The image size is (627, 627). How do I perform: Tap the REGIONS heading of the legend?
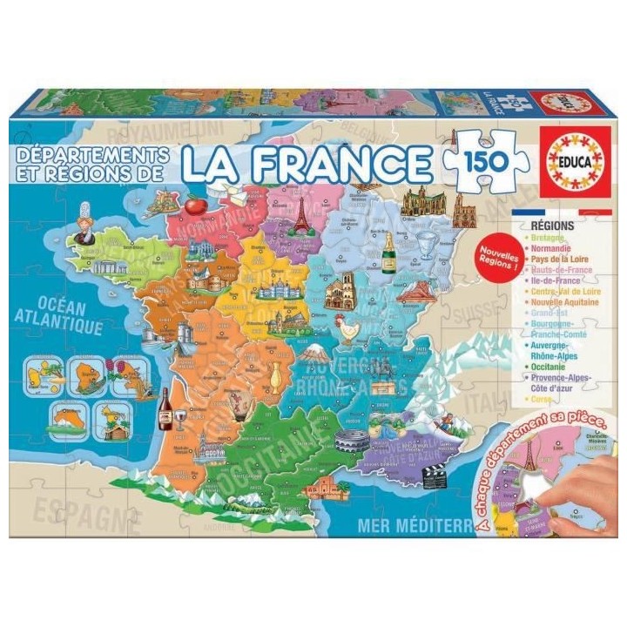click(x=550, y=225)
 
